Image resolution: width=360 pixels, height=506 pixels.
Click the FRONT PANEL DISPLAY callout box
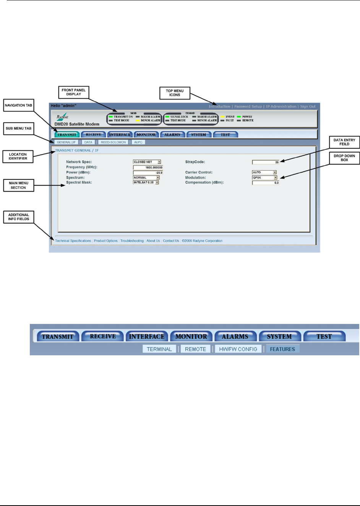73,92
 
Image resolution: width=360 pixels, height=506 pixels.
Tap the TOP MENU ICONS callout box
175,93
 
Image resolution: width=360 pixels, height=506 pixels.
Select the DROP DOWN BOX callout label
344,158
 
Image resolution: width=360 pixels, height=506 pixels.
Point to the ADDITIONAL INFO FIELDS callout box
19,217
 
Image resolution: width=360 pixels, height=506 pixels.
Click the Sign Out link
308,107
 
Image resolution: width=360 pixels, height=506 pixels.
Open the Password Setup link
248,107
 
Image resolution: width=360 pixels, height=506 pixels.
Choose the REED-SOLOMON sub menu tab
113,142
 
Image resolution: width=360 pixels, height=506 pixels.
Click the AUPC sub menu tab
138,142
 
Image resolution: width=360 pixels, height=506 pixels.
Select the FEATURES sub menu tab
282,349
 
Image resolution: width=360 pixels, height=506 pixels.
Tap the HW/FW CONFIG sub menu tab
238,349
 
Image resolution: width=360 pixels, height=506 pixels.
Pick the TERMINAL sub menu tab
159,349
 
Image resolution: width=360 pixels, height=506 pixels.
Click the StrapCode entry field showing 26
266,162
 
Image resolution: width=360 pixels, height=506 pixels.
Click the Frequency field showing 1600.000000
148,168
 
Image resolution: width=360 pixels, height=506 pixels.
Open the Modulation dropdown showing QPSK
264,178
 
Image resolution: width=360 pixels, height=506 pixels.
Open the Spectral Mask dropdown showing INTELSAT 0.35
146,182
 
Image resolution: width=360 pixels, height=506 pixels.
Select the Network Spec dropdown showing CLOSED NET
147,162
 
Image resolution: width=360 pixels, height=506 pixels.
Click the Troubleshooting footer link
132,241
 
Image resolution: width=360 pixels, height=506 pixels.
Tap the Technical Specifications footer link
73,241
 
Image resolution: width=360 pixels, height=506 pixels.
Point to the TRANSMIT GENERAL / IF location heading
77,151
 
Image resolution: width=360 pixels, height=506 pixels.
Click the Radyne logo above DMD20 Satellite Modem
63,117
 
